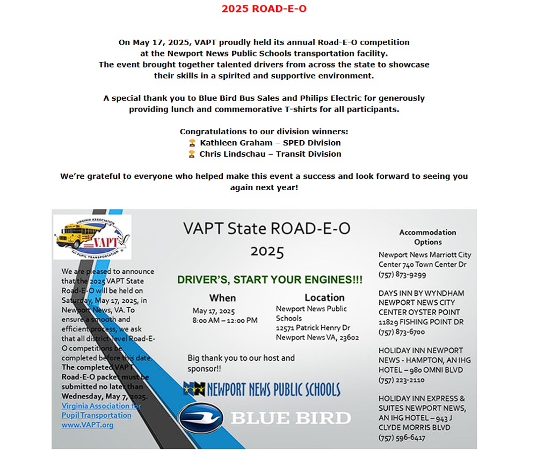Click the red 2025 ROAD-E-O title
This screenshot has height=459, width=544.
click(x=264, y=9)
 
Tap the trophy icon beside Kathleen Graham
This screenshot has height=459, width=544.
click(x=192, y=143)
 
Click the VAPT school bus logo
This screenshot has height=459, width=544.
click(x=92, y=237)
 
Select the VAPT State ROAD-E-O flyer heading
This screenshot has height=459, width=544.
click(x=266, y=229)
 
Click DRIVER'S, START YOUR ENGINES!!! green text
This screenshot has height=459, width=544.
click(x=270, y=280)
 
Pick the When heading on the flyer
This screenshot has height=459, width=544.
click(x=222, y=298)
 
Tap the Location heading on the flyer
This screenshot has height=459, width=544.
click(x=324, y=297)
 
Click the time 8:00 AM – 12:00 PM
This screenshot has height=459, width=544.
click(x=225, y=320)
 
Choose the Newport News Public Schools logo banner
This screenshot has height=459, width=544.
click(x=262, y=389)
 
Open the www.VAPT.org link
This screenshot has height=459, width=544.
click(x=87, y=425)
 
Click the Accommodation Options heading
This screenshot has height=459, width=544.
click(x=427, y=237)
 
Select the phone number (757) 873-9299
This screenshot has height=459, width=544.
click(x=402, y=274)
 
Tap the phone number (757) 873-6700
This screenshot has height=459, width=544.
click(x=401, y=332)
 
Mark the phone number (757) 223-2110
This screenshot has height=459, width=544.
click(x=401, y=380)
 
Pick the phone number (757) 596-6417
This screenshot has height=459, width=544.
click(x=402, y=438)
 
